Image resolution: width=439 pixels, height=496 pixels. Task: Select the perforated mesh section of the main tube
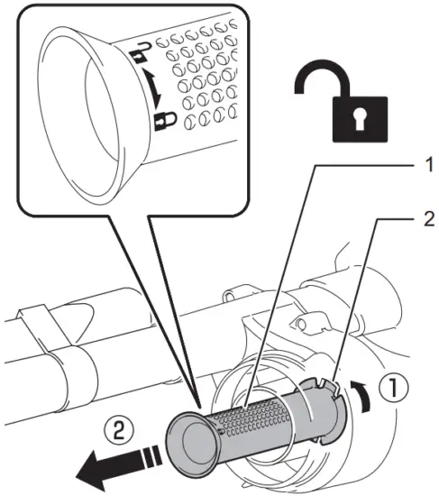tap(261, 418)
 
